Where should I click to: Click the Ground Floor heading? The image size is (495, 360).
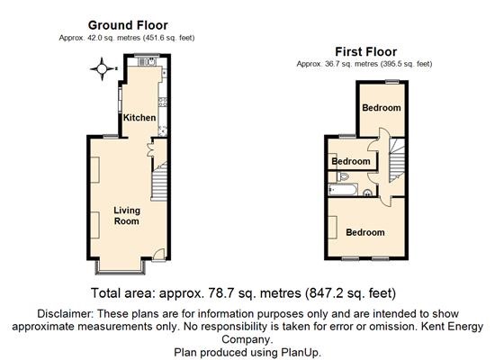[128, 25]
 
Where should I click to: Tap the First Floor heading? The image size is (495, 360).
[366, 51]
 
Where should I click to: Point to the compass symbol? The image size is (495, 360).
[102, 68]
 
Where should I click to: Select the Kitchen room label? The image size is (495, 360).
[139, 118]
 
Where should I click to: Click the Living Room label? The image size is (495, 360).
[127, 216]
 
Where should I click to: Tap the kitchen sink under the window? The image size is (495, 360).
[147, 61]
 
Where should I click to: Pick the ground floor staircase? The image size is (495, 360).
[158, 181]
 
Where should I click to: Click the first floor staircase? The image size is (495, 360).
[397, 161]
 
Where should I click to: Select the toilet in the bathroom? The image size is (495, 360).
[342, 176]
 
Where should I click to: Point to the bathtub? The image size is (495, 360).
[343, 190]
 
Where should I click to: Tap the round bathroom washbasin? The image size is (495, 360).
[367, 193]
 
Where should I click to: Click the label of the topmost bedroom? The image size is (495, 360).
[382, 108]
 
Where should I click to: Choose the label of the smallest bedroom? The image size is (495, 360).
[351, 161]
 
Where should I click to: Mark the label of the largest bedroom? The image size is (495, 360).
[365, 232]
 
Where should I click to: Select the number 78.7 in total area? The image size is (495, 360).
[220, 293]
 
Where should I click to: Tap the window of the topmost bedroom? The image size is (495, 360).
[392, 82]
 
